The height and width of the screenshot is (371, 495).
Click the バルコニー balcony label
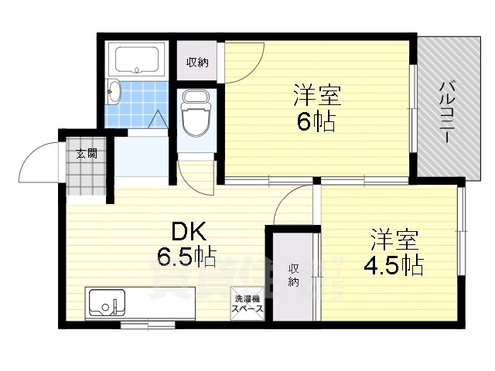[446, 109]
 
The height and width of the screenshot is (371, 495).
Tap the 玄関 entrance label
[86, 153]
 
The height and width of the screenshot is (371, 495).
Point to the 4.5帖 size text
[393, 264]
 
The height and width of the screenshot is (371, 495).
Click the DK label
[186, 230]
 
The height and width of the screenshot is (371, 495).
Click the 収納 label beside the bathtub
[197, 63]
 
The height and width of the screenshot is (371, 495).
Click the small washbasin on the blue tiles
[114, 92]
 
